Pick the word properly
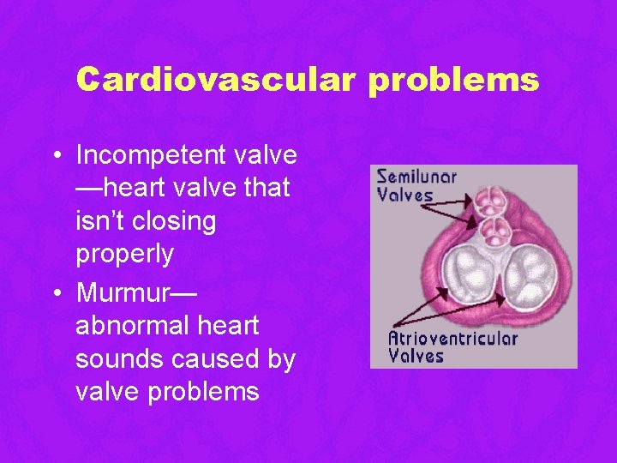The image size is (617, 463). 125,255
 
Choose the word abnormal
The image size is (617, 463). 132,327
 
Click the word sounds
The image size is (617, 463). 123,359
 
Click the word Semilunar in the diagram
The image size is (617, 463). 417,177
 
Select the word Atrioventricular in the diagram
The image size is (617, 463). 453,337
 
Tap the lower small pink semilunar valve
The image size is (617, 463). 495,230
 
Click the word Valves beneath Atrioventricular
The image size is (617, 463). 416,355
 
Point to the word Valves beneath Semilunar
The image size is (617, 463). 405,195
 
